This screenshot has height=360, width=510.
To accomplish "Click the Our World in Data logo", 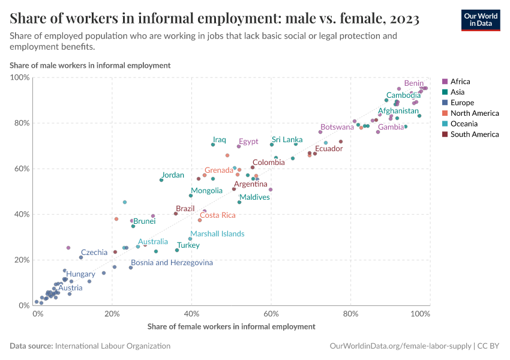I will [481, 20].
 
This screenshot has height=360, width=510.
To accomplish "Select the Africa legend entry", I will [460, 82].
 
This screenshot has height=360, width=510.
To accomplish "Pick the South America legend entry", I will [474, 134].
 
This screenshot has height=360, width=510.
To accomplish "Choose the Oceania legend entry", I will [464, 124].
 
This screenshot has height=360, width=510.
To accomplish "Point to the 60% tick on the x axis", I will [271, 313].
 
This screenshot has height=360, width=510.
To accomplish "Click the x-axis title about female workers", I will [231, 326].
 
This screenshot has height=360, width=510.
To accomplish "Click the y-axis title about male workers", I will [90, 65].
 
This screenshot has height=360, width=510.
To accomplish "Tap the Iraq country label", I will [220, 140].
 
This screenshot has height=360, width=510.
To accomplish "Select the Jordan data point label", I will [173, 175].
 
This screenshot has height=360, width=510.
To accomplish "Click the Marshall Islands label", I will [217, 234].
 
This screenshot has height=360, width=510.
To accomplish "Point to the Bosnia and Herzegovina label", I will [172, 263].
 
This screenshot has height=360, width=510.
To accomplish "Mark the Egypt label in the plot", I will [248, 142].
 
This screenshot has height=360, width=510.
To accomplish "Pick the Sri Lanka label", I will [287, 140].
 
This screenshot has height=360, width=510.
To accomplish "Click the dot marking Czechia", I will [81, 257].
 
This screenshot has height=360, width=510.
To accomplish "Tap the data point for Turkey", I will [177, 250].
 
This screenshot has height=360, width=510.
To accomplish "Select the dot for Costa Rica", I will [200, 220].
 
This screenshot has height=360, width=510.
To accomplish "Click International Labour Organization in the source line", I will [112, 346].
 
